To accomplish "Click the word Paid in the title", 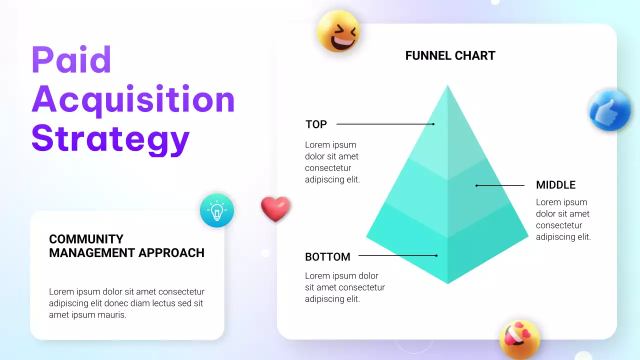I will (x=71, y=59).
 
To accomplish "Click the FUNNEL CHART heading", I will (x=450, y=55).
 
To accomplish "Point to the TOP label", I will (x=316, y=124).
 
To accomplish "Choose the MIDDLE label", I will (x=555, y=185).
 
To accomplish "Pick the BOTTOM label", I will (x=327, y=257).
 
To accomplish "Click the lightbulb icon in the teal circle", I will (x=217, y=210).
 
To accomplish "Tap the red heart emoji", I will (x=275, y=208).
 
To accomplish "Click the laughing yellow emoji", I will (x=338, y=31).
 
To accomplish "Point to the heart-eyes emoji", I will (x=519, y=338).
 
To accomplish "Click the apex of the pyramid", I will (x=447, y=86).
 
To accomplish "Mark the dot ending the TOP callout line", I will (x=433, y=124).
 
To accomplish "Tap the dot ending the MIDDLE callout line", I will (x=476, y=185).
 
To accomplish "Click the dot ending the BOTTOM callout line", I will (x=436, y=255).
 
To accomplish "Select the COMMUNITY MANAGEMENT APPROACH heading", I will (x=126, y=246).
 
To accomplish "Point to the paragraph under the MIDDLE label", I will (x=563, y=219).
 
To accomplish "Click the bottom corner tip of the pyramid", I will (x=447, y=283).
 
